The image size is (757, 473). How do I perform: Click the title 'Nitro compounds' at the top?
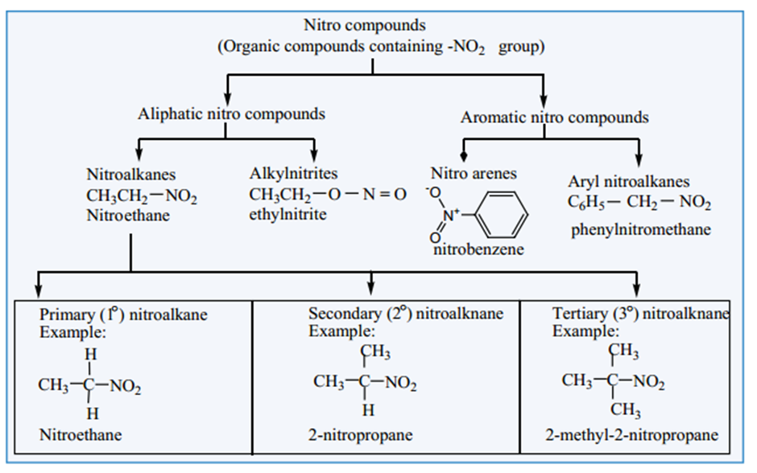click(x=364, y=27)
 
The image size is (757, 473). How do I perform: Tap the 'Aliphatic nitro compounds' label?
click(x=231, y=113)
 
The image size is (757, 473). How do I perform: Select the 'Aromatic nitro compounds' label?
click(x=554, y=117)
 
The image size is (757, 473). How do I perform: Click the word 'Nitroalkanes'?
click(x=130, y=174)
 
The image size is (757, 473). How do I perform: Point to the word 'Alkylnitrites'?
click(x=293, y=173)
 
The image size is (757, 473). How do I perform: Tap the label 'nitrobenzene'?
click(x=478, y=249)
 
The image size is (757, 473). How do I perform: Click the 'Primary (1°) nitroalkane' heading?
click(x=123, y=315)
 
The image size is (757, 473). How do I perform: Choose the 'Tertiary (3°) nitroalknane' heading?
click(x=641, y=314)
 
